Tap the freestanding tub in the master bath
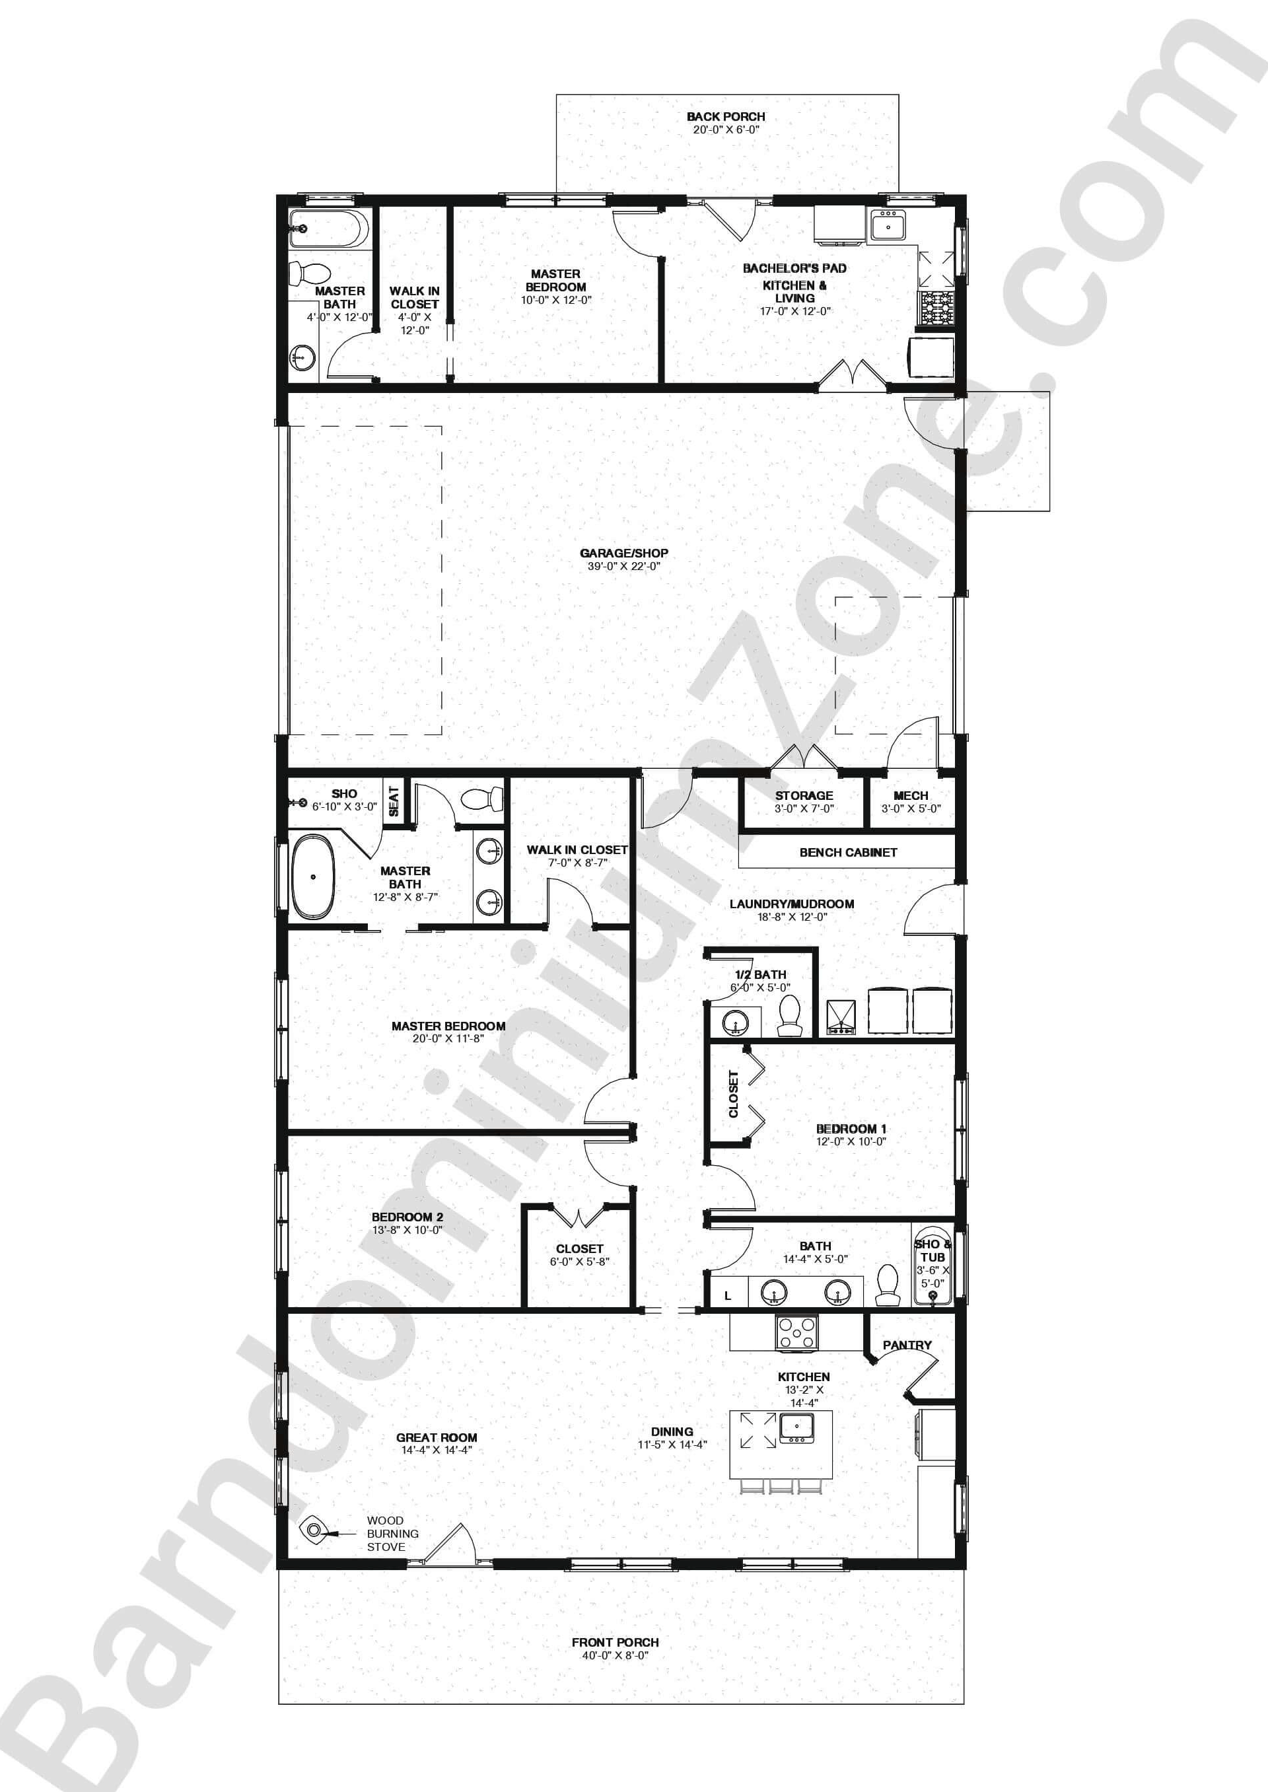[x=313, y=877]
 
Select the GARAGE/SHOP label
[x=624, y=553]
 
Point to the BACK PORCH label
[x=725, y=116]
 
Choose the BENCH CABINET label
[x=848, y=852]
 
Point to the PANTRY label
[x=907, y=1345]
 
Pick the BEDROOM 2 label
[x=407, y=1217]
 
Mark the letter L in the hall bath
[x=728, y=1296]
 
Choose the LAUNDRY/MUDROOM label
[x=791, y=904]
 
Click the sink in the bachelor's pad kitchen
[x=888, y=227]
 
